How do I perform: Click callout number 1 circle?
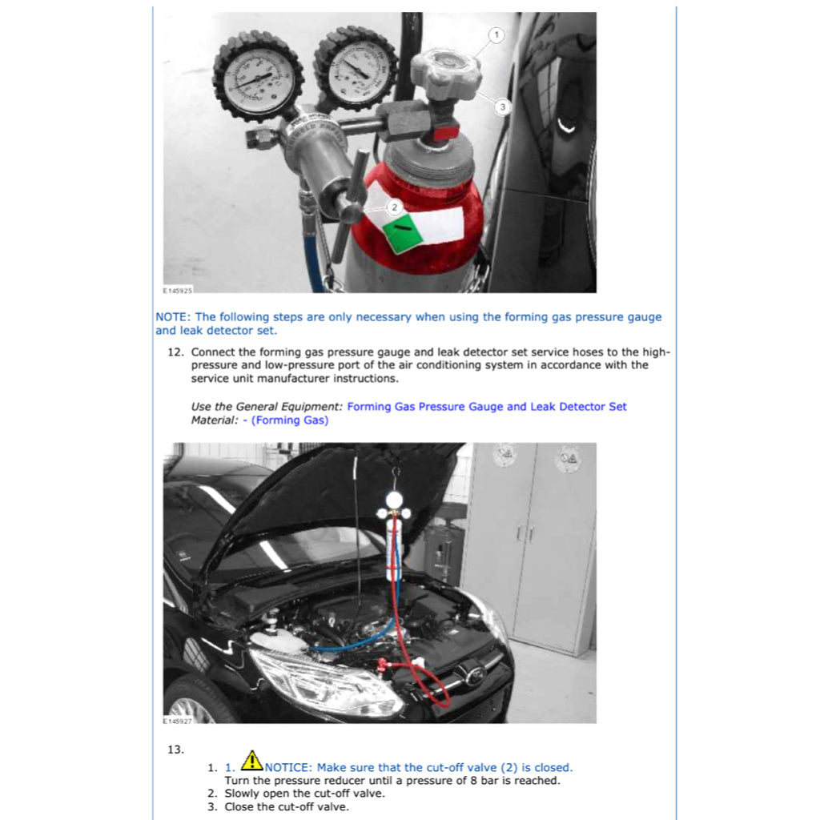tap(496, 34)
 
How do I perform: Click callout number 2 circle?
tap(393, 207)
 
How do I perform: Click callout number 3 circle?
tap(501, 107)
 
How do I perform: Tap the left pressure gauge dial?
tap(258, 77)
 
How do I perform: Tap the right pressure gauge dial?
tap(356, 70)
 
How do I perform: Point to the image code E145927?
tap(178, 722)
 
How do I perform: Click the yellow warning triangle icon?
tap(252, 760)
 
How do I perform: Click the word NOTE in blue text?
tap(171, 317)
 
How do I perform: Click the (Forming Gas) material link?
tap(289, 420)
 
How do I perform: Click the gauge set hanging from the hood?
tap(394, 529)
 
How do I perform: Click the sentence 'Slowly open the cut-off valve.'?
tap(304, 794)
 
